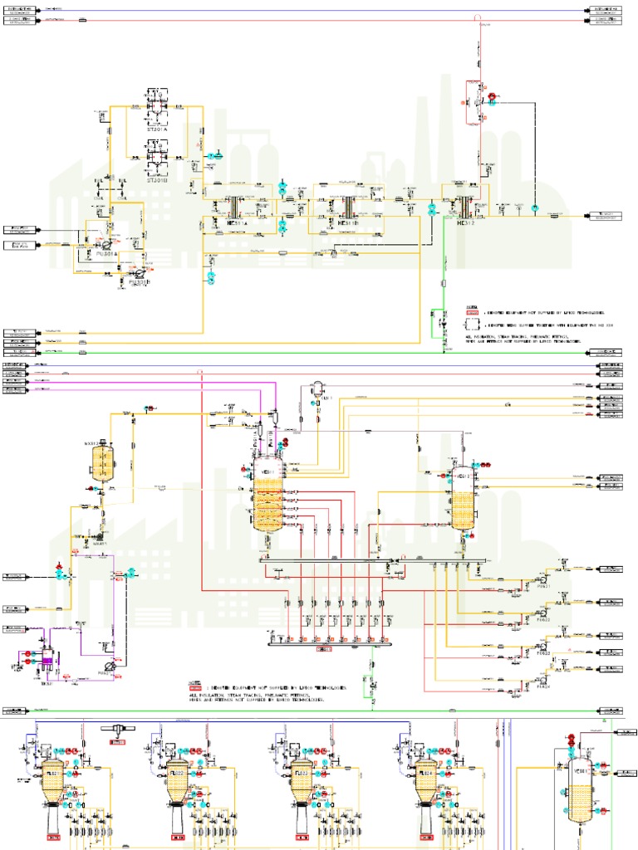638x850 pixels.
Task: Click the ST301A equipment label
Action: [x=157, y=129]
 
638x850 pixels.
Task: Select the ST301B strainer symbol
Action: [x=157, y=154]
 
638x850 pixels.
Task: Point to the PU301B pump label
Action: [x=140, y=282]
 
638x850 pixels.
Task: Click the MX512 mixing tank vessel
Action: [x=103, y=462]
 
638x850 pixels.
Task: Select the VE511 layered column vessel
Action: [x=268, y=498]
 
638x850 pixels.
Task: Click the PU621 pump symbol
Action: [x=542, y=576]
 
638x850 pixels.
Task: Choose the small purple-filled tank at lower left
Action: [x=47, y=661]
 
